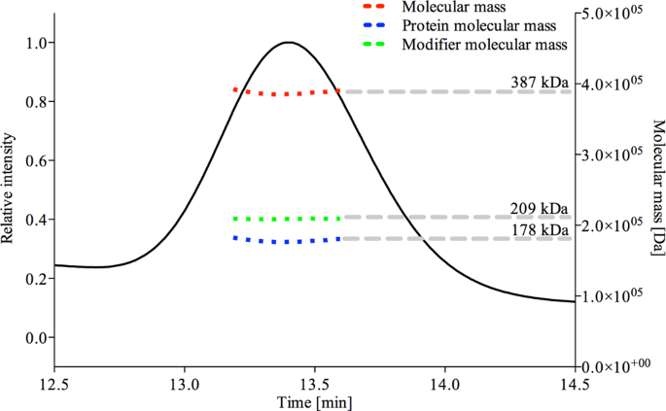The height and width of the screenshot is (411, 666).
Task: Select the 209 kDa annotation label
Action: coord(541,208)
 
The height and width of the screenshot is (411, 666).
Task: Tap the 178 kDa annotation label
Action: coord(541,228)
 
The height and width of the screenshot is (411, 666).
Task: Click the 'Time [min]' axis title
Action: coord(314,401)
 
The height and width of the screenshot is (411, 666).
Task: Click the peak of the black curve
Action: coord(288,43)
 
